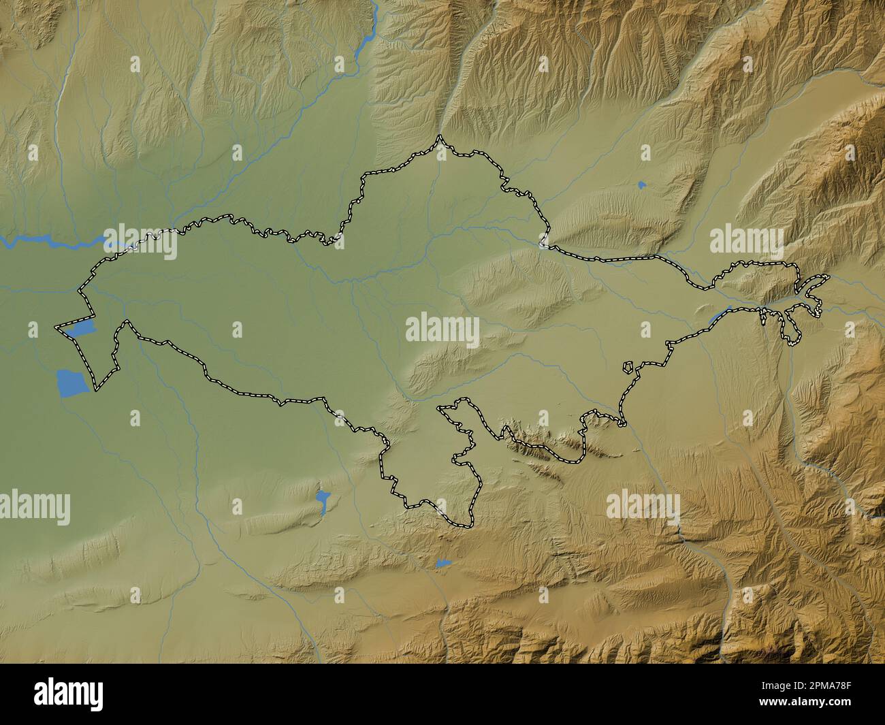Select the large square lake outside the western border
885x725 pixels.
pos(72,383)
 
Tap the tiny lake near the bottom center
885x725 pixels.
pos(442,563)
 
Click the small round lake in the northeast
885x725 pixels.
pos(641,184)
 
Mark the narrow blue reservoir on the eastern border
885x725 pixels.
pos(719,316)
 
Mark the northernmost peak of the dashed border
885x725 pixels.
pos(440,138)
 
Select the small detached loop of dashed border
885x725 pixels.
pos(630,368)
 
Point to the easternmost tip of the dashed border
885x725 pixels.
pos(828,276)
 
